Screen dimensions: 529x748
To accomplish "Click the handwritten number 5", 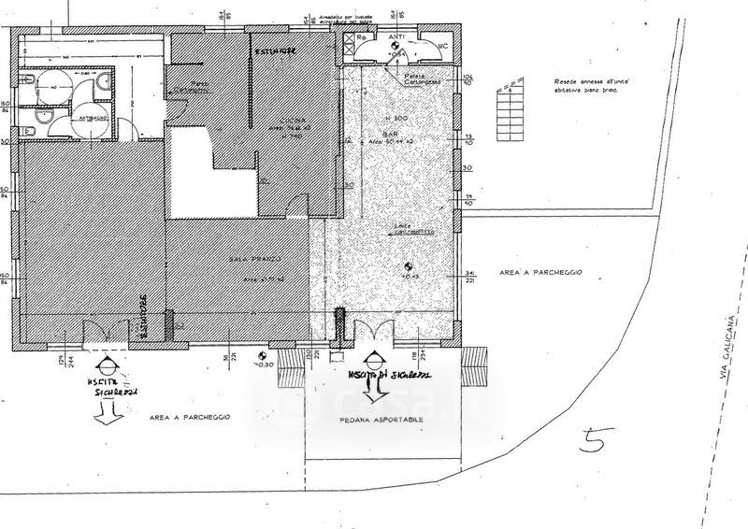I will [592, 440].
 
